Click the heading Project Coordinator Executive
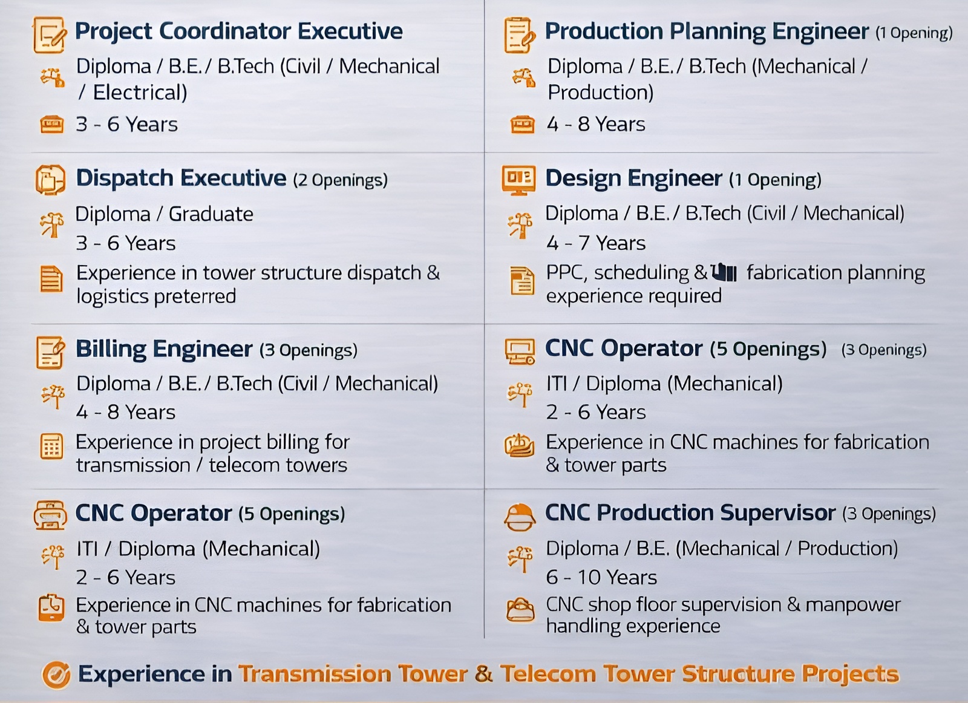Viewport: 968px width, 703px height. (238, 31)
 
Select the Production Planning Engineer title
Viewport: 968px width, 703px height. (707, 31)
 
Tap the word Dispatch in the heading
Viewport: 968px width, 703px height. (125, 178)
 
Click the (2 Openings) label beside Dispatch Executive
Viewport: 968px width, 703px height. (340, 180)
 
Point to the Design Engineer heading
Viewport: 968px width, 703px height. (633, 178)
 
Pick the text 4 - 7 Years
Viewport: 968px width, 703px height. (595, 243)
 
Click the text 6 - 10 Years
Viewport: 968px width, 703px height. (601, 577)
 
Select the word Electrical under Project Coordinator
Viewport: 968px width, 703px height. (140, 93)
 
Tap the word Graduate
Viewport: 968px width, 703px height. (211, 214)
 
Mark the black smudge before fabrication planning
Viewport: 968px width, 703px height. (724, 272)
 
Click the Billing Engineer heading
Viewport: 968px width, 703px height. (164, 348)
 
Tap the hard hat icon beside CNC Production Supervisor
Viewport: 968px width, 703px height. (520, 517)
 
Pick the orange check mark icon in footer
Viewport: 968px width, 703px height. (56, 675)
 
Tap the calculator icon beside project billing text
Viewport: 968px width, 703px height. (52, 446)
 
